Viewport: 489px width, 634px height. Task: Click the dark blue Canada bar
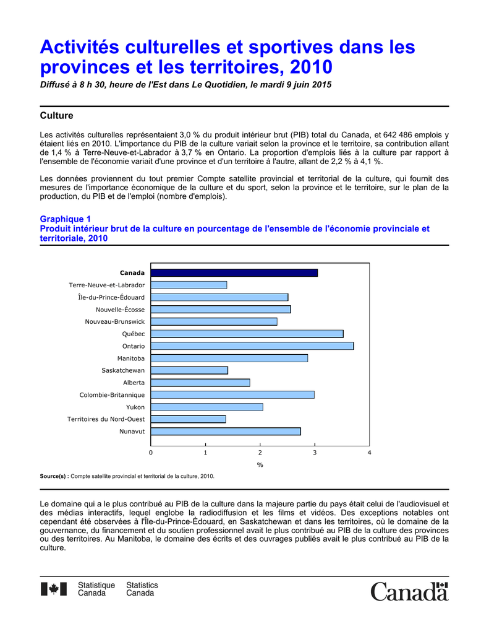tap(234, 272)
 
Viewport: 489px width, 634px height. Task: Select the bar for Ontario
tap(252, 346)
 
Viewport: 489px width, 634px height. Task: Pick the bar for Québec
tap(247, 334)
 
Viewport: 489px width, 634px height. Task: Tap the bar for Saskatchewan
tap(189, 370)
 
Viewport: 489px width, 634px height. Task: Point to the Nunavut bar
tap(226, 432)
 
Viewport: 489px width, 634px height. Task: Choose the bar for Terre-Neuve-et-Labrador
tap(189, 285)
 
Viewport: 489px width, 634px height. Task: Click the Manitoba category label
tap(131, 358)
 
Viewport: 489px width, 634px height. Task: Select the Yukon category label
tap(135, 407)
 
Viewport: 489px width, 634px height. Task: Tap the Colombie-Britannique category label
tap(112, 395)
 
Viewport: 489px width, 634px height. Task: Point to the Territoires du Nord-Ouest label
tap(106, 419)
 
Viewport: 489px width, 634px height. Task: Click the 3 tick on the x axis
tap(315, 453)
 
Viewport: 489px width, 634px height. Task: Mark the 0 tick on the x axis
tap(151, 453)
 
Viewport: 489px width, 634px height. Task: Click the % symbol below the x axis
tap(260, 465)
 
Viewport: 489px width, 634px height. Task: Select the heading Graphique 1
tap(66, 219)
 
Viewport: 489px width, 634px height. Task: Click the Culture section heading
tap(56, 116)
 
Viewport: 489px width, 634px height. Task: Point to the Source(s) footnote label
tap(54, 476)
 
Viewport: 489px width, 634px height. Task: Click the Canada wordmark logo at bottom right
tap(409, 591)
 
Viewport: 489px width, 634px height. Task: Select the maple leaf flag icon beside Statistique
tap(53, 589)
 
